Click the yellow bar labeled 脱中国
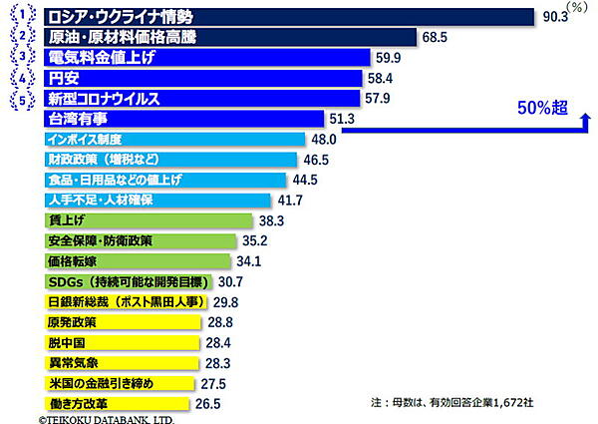pyautogui.click(x=119, y=342)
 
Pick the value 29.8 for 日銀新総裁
pyautogui.click(x=225, y=302)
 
